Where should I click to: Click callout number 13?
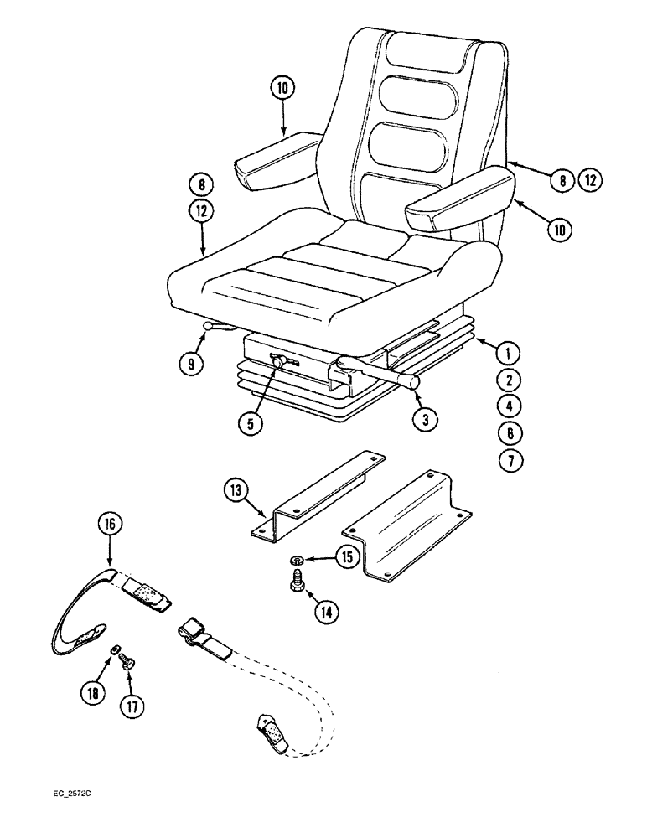[x=236, y=491]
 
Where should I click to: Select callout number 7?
[x=508, y=459]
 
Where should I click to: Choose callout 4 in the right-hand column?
[x=508, y=406]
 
